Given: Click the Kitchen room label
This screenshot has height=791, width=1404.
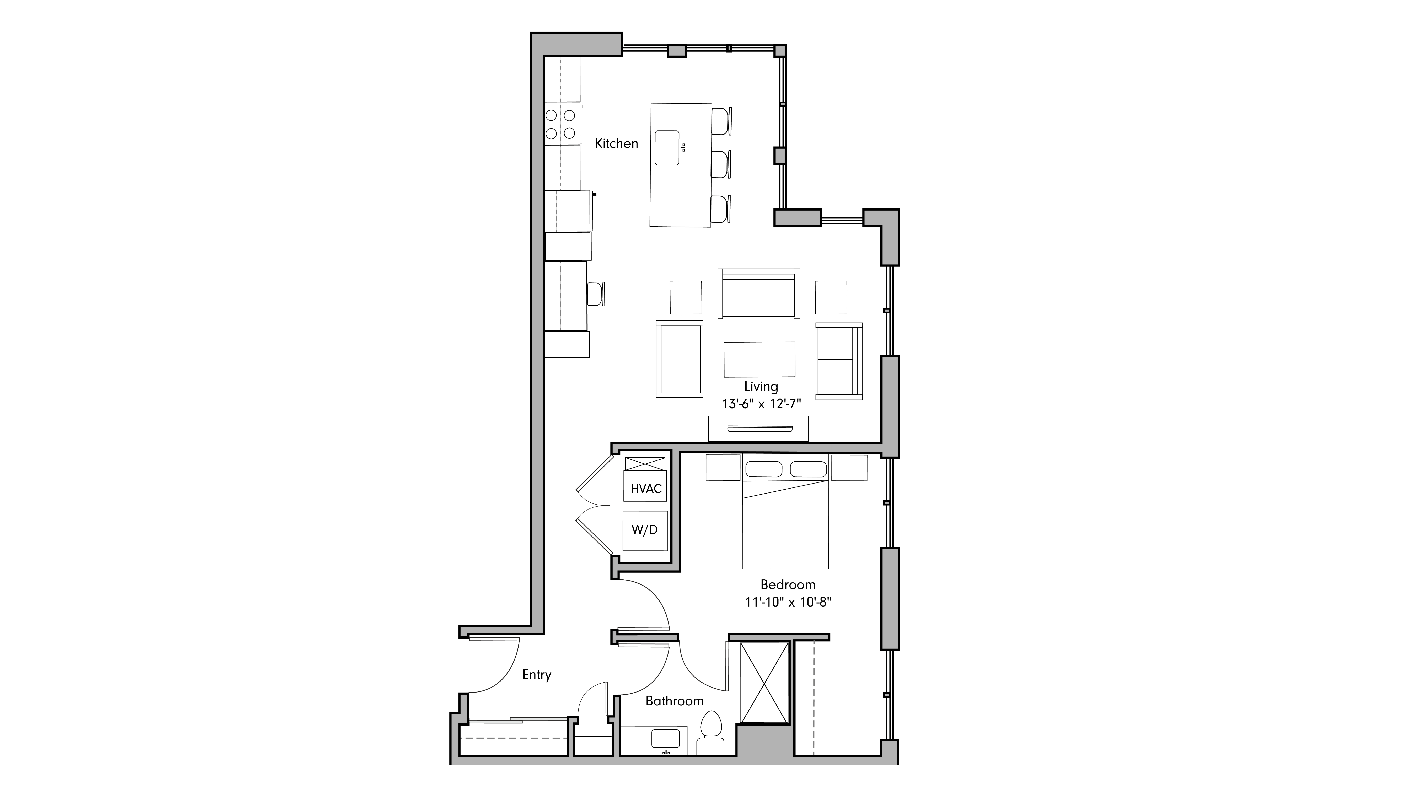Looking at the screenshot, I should [616, 143].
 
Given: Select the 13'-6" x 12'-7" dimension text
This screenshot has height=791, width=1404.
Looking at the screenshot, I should [761, 404].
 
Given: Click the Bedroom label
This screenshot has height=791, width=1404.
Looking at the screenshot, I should [788, 585].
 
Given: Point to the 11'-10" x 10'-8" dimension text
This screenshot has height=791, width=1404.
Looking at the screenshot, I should [788, 602].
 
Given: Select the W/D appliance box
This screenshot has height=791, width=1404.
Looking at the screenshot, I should [645, 530].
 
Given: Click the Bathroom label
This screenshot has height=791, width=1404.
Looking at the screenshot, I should [674, 701].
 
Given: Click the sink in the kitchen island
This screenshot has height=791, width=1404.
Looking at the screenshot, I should [667, 148].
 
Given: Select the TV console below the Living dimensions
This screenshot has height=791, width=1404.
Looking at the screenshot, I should [758, 428].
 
